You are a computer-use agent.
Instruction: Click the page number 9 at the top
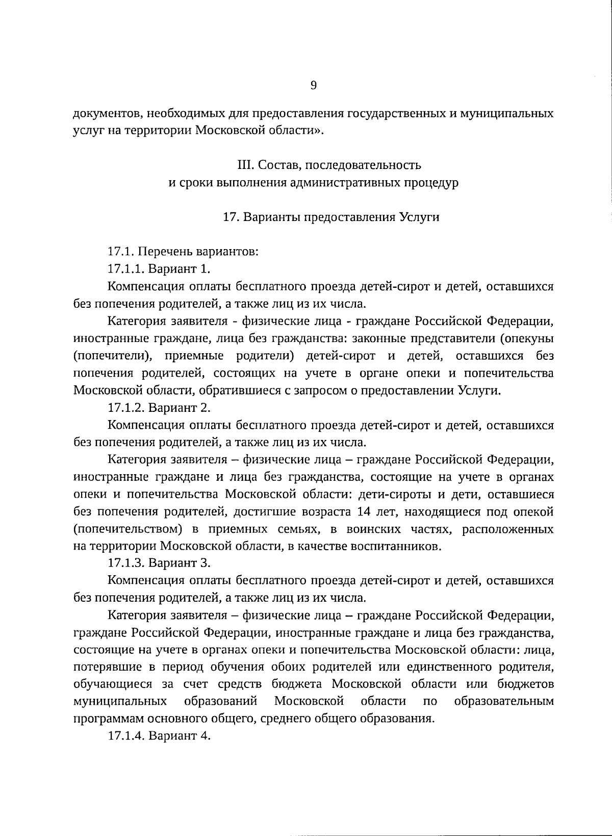click(x=314, y=86)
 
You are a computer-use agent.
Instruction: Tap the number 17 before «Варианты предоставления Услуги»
click(x=228, y=217)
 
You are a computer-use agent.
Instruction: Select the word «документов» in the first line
click(x=104, y=113)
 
